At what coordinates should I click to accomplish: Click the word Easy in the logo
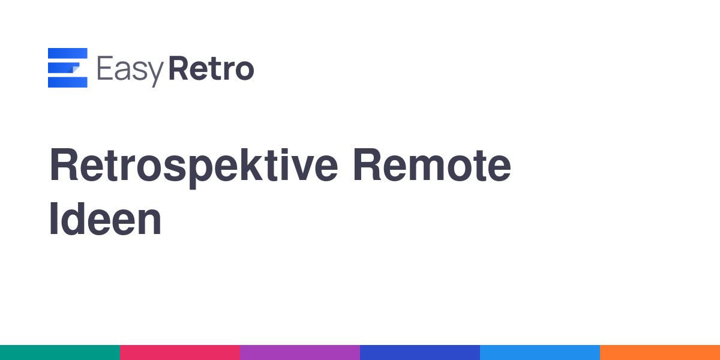coord(130,71)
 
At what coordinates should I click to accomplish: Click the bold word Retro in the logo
coord(211,68)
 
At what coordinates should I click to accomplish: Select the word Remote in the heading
coord(432,165)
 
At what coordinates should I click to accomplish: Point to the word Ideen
coord(105,219)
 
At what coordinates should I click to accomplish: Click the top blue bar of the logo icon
coord(67,53)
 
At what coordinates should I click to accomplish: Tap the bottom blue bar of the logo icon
coord(67,82)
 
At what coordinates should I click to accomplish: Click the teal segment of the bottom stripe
coord(60,353)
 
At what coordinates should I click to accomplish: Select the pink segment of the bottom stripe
coord(180,353)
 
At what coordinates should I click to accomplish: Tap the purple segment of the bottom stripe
coord(300,353)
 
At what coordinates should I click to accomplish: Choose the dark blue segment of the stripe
coord(420,353)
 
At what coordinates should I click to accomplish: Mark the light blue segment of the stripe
coord(540,353)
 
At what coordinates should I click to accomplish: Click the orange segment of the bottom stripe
coord(660,353)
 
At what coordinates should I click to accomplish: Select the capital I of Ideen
coord(53,218)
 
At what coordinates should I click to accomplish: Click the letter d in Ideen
coord(73,219)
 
